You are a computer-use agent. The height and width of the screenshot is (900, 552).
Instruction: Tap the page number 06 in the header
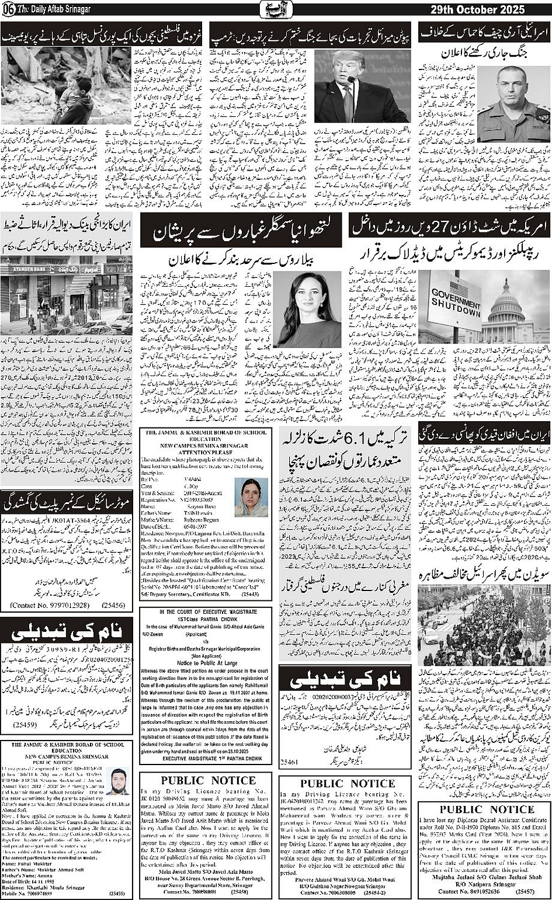coord(8,9)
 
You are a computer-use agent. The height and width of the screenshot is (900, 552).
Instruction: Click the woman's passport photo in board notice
coord(251,497)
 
